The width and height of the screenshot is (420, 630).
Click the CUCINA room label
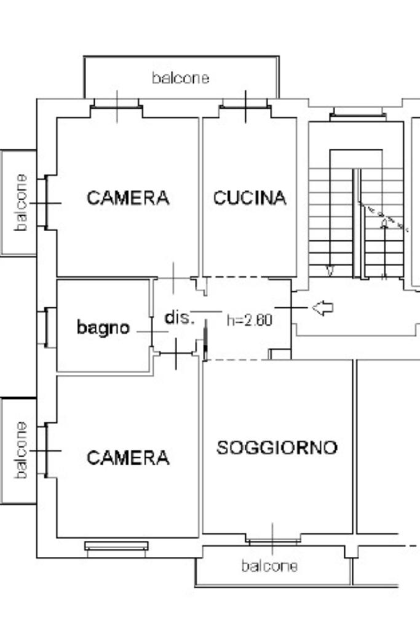pos(250,198)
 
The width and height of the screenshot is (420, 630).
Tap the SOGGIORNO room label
pos(277,447)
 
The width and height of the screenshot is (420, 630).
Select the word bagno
pos(103,328)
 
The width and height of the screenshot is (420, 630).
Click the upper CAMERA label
pos(128,198)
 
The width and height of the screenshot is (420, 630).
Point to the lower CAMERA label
pos(128,458)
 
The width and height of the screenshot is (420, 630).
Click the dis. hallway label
pos(180,317)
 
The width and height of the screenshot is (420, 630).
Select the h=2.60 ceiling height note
pos(250,320)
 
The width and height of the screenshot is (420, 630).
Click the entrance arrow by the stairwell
pos(323,308)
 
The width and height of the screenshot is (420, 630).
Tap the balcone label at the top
pos(180,78)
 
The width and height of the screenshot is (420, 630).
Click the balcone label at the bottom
pos(269,566)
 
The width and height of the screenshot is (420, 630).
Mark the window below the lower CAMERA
pos(116,548)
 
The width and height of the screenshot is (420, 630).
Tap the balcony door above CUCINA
pos(245,108)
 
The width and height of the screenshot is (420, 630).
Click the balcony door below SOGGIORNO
pos(273,539)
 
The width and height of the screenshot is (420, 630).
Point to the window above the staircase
pos(358,114)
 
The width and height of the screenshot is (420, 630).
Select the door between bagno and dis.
pos(152,332)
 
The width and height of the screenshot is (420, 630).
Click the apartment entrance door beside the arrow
pos(291,307)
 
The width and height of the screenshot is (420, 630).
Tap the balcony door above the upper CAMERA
pos(117,108)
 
